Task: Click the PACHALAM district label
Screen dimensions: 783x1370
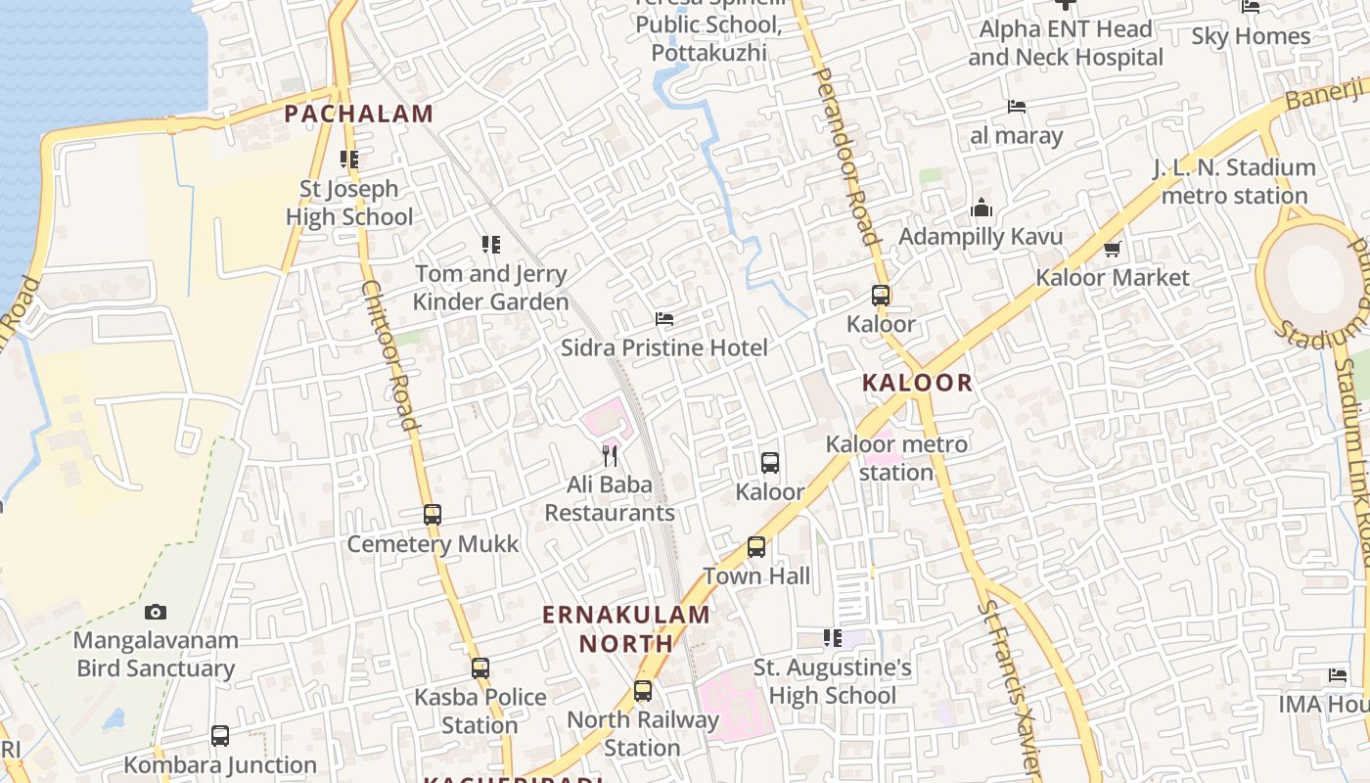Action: tap(358, 114)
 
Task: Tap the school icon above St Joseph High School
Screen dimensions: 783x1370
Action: tap(349, 159)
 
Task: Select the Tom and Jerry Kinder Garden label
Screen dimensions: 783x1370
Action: tap(490, 288)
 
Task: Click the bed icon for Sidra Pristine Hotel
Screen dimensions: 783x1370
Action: tap(664, 319)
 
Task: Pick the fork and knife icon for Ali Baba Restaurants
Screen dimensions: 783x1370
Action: tap(610, 455)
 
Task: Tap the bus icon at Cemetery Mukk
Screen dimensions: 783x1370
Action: tap(433, 514)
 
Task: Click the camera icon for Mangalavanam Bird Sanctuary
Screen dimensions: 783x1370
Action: tap(156, 613)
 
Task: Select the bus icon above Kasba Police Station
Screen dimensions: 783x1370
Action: tap(480, 668)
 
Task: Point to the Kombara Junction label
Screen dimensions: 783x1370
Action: tap(220, 764)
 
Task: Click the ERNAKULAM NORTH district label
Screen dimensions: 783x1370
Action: tap(626, 628)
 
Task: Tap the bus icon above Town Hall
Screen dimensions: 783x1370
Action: tap(756, 547)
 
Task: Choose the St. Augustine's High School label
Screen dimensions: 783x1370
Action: tap(833, 682)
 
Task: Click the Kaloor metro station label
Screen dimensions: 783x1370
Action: tap(896, 458)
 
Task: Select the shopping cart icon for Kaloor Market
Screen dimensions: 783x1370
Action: tap(1112, 250)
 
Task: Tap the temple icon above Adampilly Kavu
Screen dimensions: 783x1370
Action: tap(982, 208)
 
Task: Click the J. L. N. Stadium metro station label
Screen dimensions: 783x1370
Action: tap(1234, 181)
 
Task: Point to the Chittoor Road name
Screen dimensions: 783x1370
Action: tap(389, 356)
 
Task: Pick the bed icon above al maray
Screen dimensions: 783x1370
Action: tap(1017, 107)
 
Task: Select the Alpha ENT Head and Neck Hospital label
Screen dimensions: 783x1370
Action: tap(1066, 43)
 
